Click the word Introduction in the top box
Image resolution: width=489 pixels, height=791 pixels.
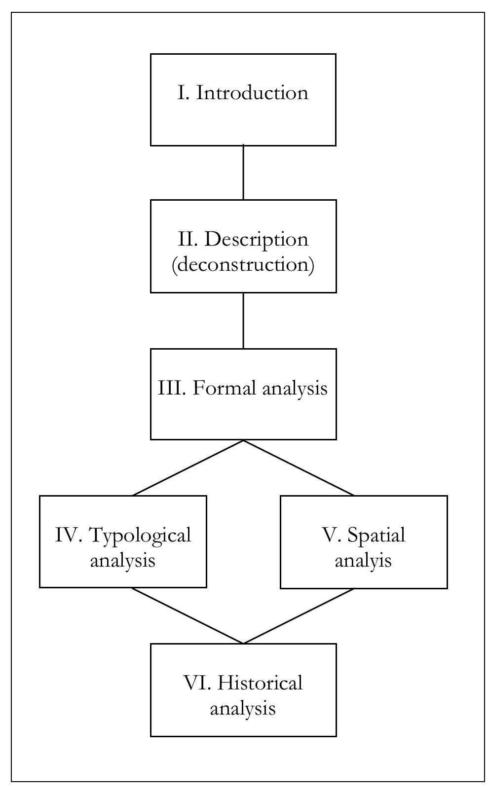[x=252, y=93]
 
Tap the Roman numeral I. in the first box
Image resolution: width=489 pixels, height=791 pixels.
[x=184, y=93]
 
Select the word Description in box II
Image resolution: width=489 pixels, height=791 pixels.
[x=256, y=239]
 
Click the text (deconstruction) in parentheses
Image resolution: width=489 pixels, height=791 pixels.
[x=243, y=265]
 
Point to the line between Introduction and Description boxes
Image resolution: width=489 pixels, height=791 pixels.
[x=243, y=173]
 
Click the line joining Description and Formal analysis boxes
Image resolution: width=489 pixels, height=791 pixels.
[x=243, y=321]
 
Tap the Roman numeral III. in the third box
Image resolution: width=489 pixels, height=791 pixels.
[x=172, y=388]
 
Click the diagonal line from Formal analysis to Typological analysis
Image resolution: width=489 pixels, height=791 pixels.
[x=188, y=467]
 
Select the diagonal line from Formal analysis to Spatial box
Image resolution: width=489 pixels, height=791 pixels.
[x=299, y=467]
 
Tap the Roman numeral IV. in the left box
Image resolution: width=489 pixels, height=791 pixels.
[x=69, y=535]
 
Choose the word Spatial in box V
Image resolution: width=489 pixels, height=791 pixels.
[x=376, y=535]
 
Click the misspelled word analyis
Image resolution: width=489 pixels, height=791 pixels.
[x=363, y=561]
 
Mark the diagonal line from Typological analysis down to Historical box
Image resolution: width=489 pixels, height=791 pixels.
[x=188, y=616]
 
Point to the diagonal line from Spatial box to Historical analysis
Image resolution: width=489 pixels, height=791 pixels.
[x=299, y=616]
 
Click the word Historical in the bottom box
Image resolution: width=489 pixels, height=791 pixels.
[x=260, y=683]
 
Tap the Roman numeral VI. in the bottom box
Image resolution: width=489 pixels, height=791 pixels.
[x=197, y=683]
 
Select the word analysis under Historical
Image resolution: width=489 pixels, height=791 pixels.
[x=243, y=709]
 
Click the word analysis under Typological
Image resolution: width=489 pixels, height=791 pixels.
[x=122, y=561]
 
